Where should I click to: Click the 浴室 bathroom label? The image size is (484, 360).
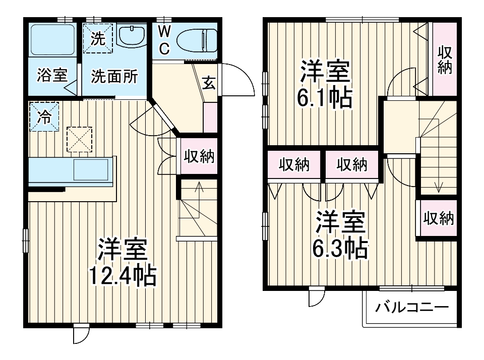click(52, 76)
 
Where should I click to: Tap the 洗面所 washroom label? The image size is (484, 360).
click(114, 76)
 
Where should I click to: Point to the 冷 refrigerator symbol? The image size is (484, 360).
click(44, 116)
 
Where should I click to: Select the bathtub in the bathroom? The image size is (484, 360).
click(52, 40)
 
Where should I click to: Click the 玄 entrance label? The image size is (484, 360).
click(209, 82)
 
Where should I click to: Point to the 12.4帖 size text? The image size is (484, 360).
click(122, 275)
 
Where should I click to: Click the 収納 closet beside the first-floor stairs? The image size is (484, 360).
click(199, 156)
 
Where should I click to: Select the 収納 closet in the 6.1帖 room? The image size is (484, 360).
click(444, 59)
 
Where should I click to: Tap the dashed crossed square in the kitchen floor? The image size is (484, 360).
click(80, 139)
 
